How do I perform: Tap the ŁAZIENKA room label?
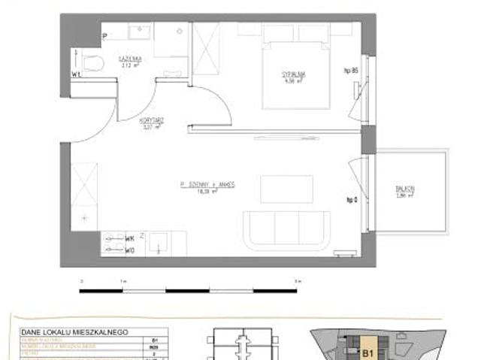126,60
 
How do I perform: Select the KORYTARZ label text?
152,123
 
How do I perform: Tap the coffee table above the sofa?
286,189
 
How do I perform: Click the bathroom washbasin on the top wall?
140,33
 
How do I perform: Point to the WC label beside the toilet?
76,74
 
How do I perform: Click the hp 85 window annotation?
349,70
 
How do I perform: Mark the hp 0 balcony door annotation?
350,199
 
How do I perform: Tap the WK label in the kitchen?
130,238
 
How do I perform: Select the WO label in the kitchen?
130,250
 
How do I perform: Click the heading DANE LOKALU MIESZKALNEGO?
74,331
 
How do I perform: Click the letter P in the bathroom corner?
104,35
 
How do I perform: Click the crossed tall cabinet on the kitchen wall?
84,187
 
